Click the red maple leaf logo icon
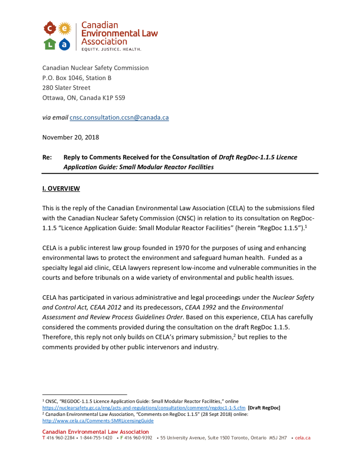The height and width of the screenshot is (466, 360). tap(50, 28)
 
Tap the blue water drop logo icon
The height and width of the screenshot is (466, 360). tap(65, 44)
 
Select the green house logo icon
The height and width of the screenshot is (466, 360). tap(50, 44)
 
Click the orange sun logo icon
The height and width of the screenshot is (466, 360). tap(65, 28)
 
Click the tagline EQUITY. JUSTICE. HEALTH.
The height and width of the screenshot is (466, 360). tap(111, 49)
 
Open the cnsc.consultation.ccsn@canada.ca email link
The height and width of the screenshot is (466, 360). tap(119, 117)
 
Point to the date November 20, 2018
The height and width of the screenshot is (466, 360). tap(71, 137)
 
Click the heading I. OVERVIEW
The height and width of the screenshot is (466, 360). tap(61, 188)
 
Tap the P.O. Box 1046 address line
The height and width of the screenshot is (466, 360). tap(77, 78)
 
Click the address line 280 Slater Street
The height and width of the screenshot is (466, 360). tap(66, 87)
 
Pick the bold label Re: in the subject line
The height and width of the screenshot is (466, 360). tap(47, 157)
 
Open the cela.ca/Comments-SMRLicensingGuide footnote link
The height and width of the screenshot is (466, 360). tap(98, 421)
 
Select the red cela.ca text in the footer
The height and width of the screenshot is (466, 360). tap(303, 438)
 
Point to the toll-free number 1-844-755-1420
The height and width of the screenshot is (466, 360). tap(96, 438)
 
